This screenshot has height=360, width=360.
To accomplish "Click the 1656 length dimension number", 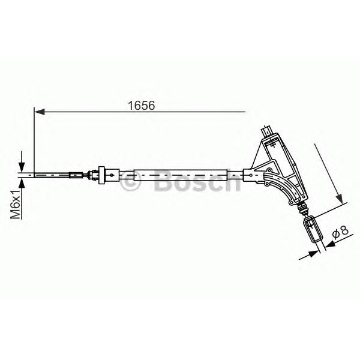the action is (x=142, y=106).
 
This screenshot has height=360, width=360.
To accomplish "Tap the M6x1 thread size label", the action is (x=16, y=205).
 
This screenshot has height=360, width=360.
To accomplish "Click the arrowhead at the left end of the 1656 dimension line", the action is (x=39, y=112).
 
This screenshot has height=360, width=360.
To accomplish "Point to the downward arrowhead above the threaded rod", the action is (x=22, y=167).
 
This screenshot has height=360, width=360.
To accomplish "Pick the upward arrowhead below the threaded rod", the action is (x=22, y=183).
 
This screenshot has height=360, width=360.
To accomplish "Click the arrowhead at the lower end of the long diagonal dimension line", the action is (x=339, y=199).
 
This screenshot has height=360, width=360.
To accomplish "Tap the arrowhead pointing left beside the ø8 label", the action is (x=330, y=245).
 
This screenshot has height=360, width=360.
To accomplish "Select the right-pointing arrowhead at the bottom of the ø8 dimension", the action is (x=314, y=254).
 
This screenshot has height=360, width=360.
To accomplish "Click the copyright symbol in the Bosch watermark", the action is (x=130, y=180).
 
